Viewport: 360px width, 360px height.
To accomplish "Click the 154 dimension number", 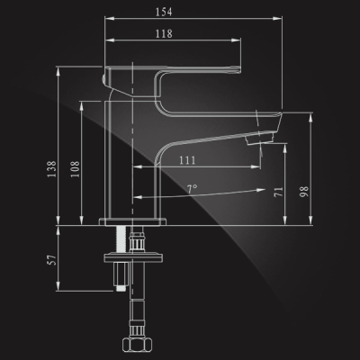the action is [164, 12].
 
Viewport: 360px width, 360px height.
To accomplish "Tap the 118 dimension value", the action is [164, 33].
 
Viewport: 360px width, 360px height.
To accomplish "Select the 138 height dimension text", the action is [51, 169].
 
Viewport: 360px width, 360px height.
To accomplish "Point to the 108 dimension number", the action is [76, 169].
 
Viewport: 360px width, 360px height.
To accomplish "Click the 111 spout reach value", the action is [187, 160].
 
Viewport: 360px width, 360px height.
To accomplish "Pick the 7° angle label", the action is [193, 188].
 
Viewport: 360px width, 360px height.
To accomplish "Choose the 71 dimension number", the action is [278, 192].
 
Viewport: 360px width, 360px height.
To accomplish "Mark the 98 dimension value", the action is [304, 192].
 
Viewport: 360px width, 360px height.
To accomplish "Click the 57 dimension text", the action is [52, 260].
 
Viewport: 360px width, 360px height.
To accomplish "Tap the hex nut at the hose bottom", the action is [137, 343].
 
